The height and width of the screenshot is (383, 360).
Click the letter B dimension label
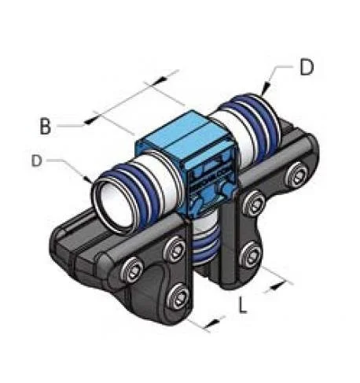(x=45, y=126)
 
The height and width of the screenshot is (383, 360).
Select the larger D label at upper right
(x=307, y=68)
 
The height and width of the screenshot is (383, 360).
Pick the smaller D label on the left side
(x=37, y=160)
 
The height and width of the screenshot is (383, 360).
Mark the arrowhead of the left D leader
(x=88, y=179)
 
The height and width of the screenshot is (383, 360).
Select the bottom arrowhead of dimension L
(x=212, y=322)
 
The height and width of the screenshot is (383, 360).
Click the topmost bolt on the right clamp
(x=296, y=175)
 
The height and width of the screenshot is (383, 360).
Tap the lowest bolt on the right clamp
(x=251, y=253)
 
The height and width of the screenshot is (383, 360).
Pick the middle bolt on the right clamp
(x=253, y=204)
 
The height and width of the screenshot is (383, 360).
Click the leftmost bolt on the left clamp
(x=131, y=270)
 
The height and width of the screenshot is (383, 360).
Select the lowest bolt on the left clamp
(x=178, y=295)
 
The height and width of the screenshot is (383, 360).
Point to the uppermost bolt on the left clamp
(x=174, y=249)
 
